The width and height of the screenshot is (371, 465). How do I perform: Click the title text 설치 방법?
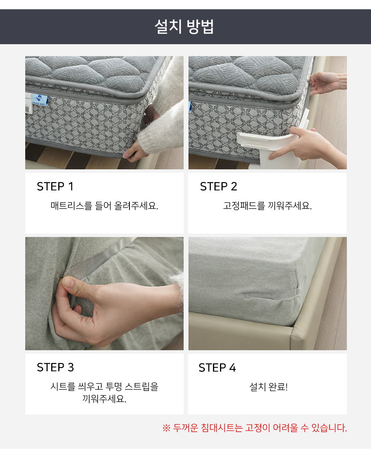tap(184, 27)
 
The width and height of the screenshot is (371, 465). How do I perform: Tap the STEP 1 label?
tap(55, 186)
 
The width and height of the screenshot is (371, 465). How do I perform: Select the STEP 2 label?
tap(219, 186)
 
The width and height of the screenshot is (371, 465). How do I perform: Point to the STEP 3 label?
tap(55, 367)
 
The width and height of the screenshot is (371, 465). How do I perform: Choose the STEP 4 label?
tap(217, 368)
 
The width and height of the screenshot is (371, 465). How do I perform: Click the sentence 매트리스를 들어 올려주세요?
tap(104, 205)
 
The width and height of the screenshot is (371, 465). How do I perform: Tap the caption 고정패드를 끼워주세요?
tap(267, 205)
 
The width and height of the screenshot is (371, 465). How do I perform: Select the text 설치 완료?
tap(269, 387)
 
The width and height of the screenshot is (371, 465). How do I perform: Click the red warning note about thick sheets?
tap(255, 428)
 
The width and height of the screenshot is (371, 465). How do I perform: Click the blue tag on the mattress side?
tap(40, 100)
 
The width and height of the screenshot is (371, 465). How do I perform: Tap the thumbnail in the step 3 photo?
tap(68, 282)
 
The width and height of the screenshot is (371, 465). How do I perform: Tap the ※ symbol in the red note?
tap(167, 428)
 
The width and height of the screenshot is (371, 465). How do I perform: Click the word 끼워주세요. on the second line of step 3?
tap(104, 399)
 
